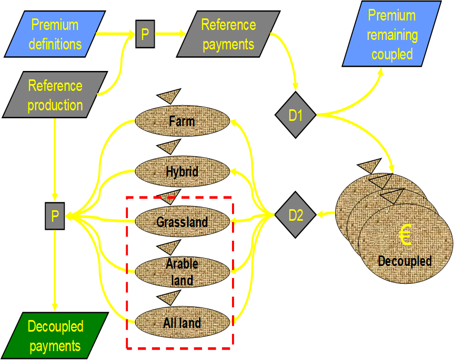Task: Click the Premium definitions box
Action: (55, 34)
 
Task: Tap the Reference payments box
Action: (228, 34)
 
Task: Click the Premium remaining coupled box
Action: (392, 35)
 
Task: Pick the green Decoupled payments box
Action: (55, 336)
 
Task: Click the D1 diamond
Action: (296, 115)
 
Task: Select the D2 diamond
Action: (296, 214)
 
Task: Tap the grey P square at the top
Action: (145, 35)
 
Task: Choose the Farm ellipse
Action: (182, 121)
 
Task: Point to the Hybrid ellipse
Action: (182, 171)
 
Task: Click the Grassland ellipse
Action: (182, 221)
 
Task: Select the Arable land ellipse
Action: (182, 272)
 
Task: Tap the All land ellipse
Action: (182, 323)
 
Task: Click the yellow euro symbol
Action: (405, 235)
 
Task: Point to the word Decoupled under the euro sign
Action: (405, 261)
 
